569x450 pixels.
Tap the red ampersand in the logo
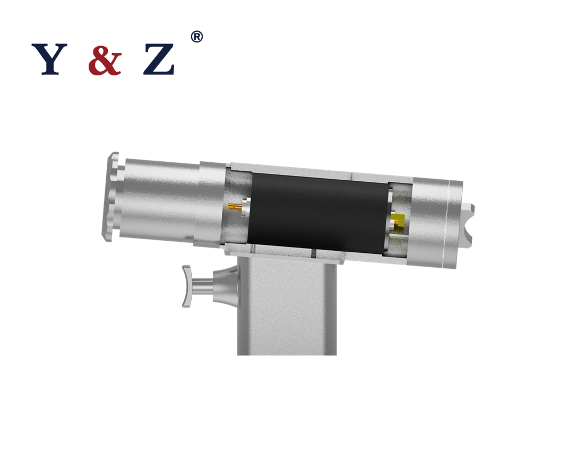105,59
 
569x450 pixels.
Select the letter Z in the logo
159,59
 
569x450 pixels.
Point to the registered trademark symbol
196,37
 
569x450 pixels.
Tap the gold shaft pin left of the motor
234,207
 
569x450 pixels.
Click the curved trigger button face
186,286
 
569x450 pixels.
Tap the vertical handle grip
287,313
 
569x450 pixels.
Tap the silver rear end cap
435,223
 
